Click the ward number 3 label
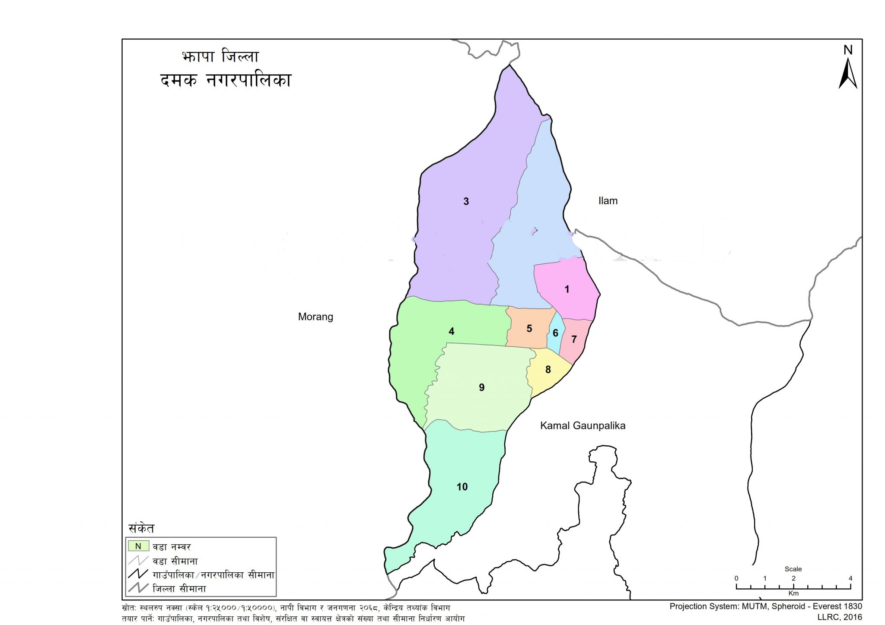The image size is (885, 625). [466, 201]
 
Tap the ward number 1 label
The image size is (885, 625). [567, 289]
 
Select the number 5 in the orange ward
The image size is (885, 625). [529, 329]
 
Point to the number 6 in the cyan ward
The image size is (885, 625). [555, 333]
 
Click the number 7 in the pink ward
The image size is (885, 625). [574, 339]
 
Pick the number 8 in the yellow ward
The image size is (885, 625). [548, 370]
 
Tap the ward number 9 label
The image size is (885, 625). [481, 387]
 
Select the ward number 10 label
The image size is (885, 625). [462, 487]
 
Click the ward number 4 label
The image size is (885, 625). [451, 331]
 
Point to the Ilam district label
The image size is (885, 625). [608, 201]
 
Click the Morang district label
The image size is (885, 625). [315, 317]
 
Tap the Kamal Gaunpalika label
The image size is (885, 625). [583, 425]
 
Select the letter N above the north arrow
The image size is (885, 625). [848, 50]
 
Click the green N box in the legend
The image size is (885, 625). [138, 546]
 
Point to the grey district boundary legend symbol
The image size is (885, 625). [138, 588]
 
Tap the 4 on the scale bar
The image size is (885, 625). [850, 578]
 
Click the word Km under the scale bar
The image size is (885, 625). [793, 593]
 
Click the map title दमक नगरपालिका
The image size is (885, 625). [226, 80]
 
